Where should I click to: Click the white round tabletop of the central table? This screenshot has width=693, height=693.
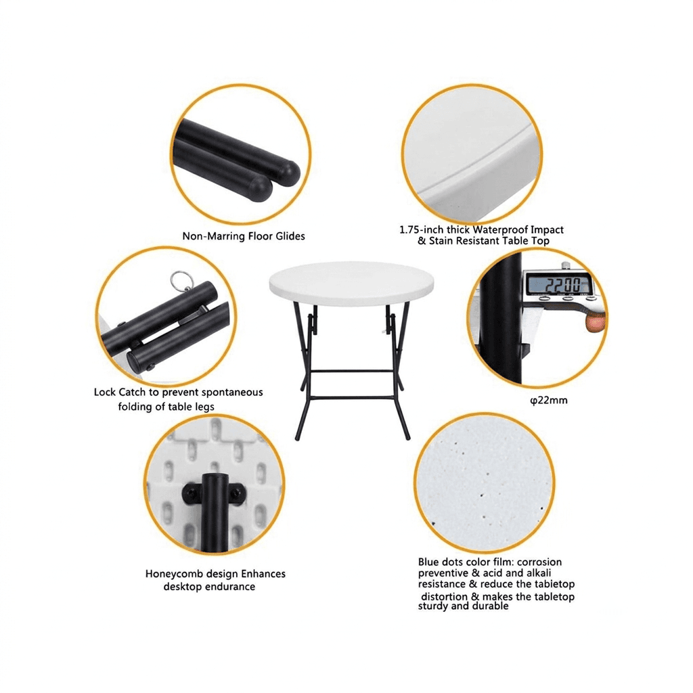351,284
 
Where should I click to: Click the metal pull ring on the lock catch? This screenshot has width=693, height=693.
181,280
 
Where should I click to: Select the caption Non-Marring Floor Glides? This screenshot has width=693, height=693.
244,236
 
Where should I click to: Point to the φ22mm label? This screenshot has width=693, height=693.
548,401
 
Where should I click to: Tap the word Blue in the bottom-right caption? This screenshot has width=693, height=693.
430,562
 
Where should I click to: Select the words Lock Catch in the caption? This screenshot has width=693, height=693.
119,392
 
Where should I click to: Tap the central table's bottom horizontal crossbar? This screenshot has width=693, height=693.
352,397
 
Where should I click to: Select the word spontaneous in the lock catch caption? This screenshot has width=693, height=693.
235,393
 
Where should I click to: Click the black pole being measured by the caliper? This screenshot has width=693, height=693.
501,318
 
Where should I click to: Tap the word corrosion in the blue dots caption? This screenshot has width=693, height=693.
539,562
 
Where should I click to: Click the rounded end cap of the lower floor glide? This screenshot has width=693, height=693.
261,189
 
